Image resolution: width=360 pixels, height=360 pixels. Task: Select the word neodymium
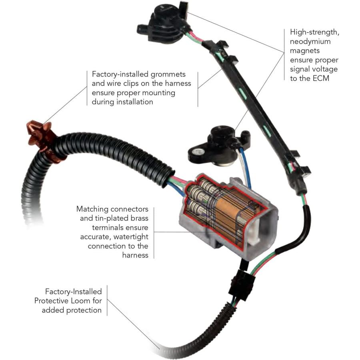(x=310, y=42)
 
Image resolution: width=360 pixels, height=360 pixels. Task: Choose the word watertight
(x=131, y=237)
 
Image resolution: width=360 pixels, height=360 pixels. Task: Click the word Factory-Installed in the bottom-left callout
(x=74, y=292)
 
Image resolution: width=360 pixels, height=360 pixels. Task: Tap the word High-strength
(x=314, y=32)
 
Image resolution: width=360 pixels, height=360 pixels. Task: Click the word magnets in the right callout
(x=305, y=51)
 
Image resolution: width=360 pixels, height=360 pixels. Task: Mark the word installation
(x=135, y=102)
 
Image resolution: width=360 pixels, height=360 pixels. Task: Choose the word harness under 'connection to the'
(x=135, y=255)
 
